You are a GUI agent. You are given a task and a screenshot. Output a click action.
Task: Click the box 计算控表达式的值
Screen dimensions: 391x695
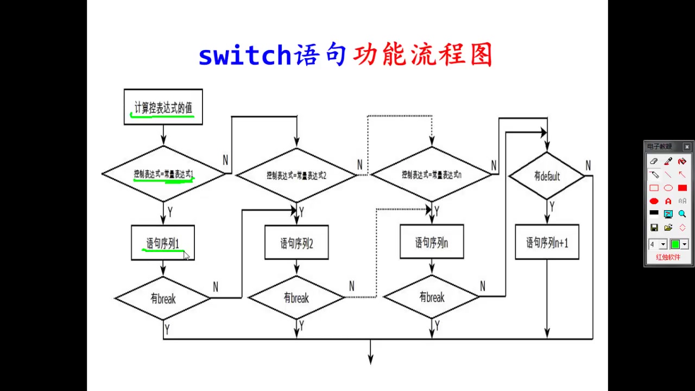pos(163,107)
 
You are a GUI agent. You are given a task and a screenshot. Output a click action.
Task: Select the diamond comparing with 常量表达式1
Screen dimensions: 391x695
pos(163,174)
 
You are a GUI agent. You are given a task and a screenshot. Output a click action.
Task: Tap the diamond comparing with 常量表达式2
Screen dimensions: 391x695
pos(296,175)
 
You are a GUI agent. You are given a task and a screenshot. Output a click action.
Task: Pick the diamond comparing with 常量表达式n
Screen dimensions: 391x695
pos(431,175)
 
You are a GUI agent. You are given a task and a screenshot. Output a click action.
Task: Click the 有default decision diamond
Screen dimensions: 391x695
pos(547,176)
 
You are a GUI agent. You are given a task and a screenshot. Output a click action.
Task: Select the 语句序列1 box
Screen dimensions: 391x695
pos(162,243)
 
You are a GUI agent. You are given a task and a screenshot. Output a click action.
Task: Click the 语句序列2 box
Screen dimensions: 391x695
pos(296,243)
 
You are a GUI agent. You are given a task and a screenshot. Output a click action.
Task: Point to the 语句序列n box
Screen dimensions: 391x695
pos(431,242)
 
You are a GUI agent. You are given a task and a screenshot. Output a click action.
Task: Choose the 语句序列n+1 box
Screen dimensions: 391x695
pos(547,242)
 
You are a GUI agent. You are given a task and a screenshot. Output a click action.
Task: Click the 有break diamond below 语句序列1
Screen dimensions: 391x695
pos(163,299)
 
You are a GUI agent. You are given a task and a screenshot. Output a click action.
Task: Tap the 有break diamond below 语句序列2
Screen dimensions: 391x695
pos(296,298)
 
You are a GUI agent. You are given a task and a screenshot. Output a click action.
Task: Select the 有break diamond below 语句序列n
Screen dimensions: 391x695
pos(431,297)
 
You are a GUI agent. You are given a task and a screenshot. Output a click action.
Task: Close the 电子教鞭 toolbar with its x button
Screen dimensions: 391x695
pos(687,147)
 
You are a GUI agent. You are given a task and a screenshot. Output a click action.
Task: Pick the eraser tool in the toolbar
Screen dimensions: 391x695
pos(654,161)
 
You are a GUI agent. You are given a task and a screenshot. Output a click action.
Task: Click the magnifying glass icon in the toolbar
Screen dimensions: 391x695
pos(683,214)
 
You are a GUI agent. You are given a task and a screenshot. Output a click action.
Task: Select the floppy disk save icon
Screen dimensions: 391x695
pos(654,228)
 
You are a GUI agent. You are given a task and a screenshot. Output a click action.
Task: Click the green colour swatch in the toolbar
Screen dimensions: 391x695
pos(675,244)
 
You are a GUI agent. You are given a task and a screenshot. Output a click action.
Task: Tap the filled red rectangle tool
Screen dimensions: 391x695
pos(683,188)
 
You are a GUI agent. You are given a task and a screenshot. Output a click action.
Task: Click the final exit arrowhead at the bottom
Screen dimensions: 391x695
pos(371,360)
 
